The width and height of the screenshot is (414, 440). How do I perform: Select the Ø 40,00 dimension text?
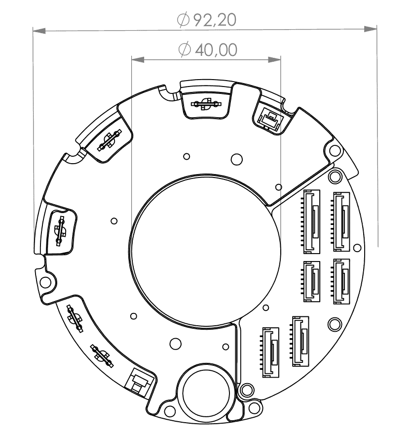[207, 49]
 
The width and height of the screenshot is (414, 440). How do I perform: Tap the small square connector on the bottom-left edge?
[138, 382]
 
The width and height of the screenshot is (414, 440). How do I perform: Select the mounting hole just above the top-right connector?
[337, 176]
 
